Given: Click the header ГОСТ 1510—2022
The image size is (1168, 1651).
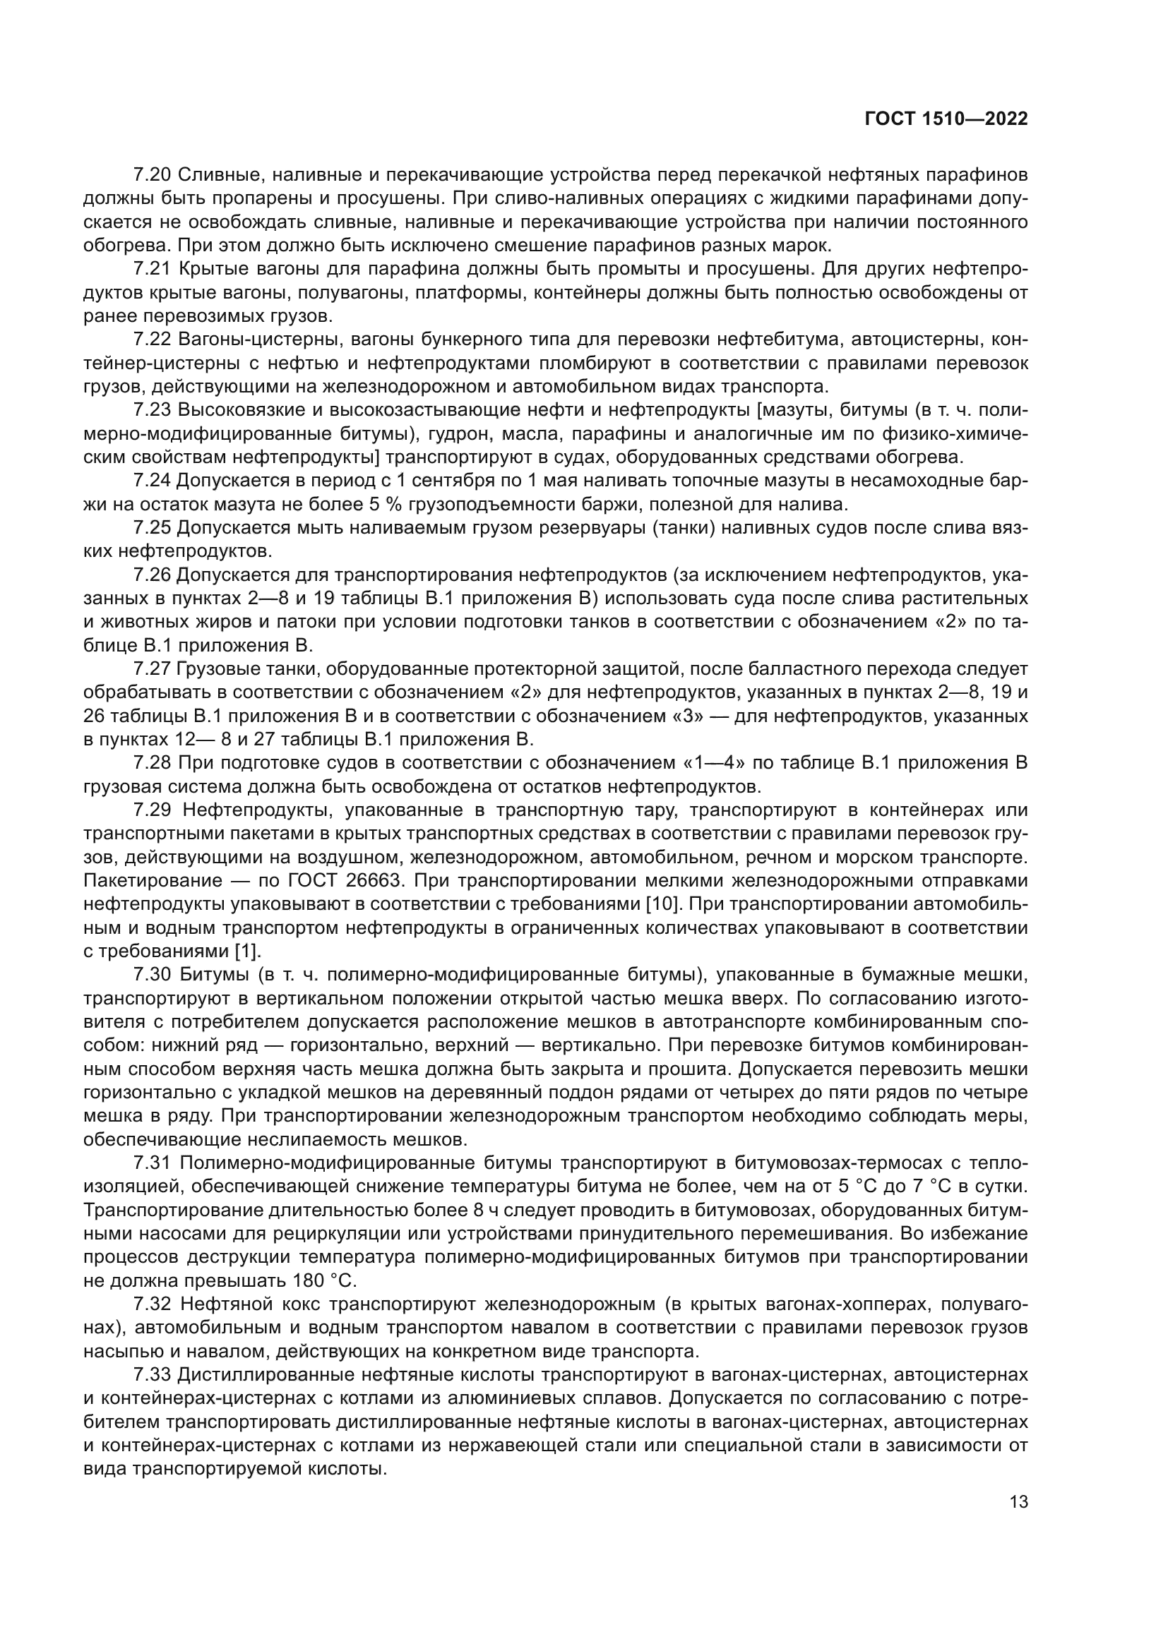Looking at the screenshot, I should click(946, 119).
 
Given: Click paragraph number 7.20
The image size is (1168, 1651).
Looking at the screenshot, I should click(152, 175).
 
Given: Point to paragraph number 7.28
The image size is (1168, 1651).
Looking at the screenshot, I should click(152, 762).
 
